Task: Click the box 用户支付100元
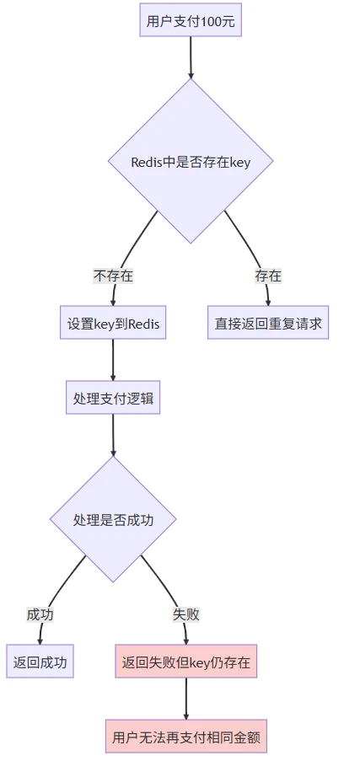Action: coord(191,21)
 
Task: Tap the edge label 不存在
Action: coord(113,276)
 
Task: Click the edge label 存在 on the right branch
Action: coord(268,276)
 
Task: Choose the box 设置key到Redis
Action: coord(113,323)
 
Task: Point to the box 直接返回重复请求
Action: coord(268,323)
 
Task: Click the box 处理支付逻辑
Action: coord(113,397)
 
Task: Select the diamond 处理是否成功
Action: coord(113,520)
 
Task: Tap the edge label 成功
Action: coord(40,614)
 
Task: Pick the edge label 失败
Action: coord(185,614)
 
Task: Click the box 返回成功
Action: coord(40,662)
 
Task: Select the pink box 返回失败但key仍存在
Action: coord(185,662)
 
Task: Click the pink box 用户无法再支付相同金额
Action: coord(185,736)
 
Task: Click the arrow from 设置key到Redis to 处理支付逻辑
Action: coord(113,360)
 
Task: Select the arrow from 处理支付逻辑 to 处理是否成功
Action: coord(113,434)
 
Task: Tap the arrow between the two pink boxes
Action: coord(185,699)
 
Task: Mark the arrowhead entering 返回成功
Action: coord(40,640)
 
